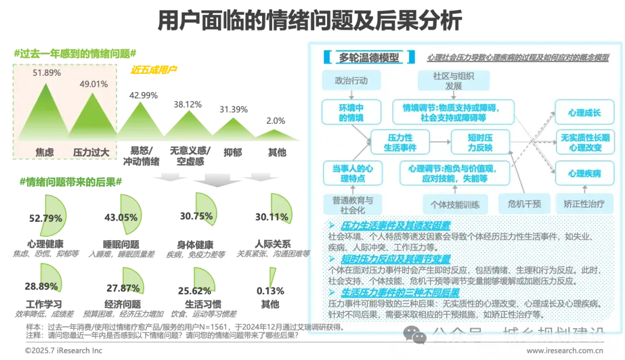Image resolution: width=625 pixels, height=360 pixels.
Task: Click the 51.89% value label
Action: (x=47, y=73)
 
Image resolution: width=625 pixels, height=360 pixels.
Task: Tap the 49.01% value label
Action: (x=94, y=84)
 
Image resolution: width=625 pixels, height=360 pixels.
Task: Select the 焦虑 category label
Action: (x=45, y=152)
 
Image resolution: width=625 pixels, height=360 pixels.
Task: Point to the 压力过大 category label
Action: (x=91, y=152)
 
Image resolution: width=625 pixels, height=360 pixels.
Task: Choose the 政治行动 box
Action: (x=351, y=80)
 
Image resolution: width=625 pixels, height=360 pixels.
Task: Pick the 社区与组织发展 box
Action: (x=454, y=81)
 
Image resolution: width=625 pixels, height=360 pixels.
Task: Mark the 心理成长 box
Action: (x=584, y=112)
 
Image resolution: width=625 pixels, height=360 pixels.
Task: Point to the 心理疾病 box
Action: (x=584, y=173)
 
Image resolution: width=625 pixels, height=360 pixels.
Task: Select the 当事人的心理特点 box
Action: (x=352, y=173)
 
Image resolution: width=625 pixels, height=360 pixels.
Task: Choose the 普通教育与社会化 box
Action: (x=352, y=204)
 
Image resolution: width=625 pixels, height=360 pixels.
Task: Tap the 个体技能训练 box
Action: (x=455, y=204)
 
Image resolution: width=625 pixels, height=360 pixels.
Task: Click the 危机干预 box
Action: (x=523, y=204)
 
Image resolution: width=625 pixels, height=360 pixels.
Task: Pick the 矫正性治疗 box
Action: (x=584, y=204)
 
